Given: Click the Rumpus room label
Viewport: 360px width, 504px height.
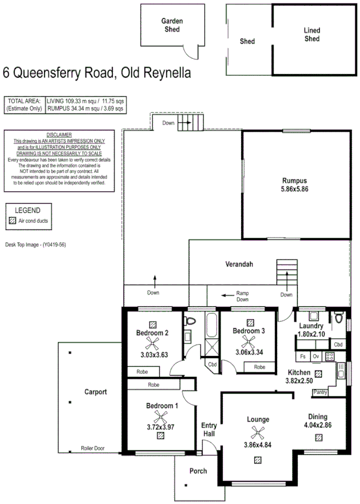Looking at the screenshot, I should coord(295,180).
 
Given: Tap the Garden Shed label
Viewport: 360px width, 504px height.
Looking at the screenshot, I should coord(172,24).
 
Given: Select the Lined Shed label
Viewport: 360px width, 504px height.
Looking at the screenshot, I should coord(312,35).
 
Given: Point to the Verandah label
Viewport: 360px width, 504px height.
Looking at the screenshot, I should coord(239,265).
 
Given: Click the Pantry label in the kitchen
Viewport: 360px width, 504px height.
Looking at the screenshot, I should coord(321,392).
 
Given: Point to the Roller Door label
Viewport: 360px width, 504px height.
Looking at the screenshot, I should coord(95,449).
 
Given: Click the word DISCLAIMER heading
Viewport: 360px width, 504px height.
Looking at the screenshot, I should coord(58,135).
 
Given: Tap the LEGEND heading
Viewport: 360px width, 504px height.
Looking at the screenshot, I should coord(28,210).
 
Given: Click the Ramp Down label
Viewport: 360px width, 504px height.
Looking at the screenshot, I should coord(243,296).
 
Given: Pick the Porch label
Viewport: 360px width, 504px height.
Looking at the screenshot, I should coord(198,471).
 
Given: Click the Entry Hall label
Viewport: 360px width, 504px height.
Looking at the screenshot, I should coord(209,429).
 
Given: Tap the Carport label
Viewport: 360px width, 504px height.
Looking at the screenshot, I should coord(95,392).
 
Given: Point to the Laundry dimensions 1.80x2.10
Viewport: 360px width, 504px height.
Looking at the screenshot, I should coord(311,335).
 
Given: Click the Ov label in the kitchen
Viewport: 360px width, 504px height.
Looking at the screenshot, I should coord(316,356).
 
